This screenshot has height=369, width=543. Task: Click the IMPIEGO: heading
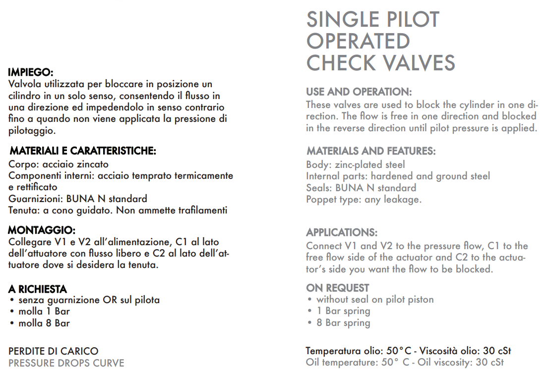(x=31, y=72)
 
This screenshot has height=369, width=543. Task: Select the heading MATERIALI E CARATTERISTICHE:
(x=83, y=151)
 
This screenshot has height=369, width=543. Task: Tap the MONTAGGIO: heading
(x=42, y=230)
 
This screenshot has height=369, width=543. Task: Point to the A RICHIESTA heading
(x=38, y=289)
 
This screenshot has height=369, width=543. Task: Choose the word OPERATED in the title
(x=358, y=41)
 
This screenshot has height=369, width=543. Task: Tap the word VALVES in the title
(x=416, y=63)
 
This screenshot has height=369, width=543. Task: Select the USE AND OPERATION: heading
(x=359, y=92)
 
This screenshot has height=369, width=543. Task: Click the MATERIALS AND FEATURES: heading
(x=371, y=151)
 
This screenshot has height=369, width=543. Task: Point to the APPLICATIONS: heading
(x=342, y=232)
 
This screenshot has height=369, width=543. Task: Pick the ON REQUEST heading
(x=338, y=288)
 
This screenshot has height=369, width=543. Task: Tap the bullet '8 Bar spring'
(x=343, y=323)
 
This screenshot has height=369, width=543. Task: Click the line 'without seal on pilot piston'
(x=375, y=299)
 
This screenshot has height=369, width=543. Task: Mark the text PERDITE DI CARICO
(x=53, y=351)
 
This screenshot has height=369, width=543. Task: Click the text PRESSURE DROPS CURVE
(x=66, y=363)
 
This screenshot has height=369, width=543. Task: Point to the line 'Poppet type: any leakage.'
(x=364, y=200)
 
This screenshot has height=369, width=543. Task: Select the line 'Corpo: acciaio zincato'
(x=59, y=164)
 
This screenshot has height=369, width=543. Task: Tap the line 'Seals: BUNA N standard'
(x=361, y=188)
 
